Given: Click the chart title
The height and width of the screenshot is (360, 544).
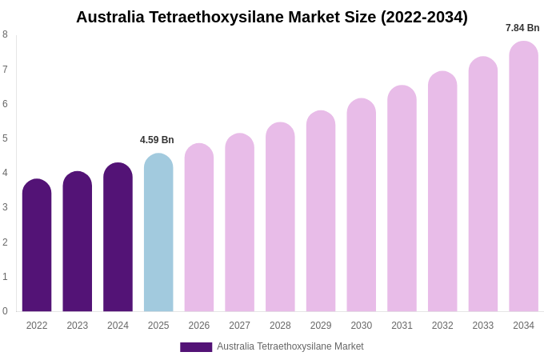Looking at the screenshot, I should click(272, 17).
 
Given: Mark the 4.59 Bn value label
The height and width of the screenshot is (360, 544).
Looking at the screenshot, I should click(157, 140).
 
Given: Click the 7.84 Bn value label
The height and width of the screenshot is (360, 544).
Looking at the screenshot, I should click(522, 28).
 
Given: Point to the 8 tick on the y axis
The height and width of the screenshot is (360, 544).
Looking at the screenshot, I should click(5, 34).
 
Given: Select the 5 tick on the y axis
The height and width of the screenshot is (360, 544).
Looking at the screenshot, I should click(5, 138).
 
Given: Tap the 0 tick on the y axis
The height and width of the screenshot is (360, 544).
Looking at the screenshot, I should click(5, 311).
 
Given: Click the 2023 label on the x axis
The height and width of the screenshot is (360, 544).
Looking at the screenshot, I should click(78, 326).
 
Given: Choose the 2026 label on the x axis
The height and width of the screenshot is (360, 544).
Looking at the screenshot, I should click(199, 326).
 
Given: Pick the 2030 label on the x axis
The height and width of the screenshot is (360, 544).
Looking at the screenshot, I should click(361, 326).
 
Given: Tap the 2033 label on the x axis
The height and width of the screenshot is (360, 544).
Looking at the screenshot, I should click(482, 326).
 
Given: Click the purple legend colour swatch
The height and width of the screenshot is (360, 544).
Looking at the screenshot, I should click(196, 347).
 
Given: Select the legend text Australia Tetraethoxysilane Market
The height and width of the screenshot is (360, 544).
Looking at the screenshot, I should click(290, 346).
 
